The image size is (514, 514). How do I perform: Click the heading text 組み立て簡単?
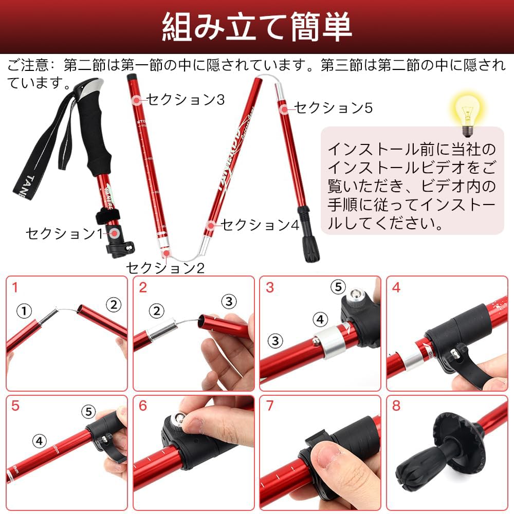point(257,27)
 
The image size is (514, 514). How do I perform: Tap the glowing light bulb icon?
point(466,108)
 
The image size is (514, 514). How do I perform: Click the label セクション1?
point(64,234)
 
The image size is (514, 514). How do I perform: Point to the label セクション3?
point(185,99)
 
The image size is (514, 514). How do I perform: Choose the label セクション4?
point(260,225)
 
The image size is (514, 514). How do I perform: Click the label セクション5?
point(333,107)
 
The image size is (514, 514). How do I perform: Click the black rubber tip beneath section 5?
point(310,247)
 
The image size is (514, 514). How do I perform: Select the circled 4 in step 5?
point(40,440)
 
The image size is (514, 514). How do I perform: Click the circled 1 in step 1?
point(24,310)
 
